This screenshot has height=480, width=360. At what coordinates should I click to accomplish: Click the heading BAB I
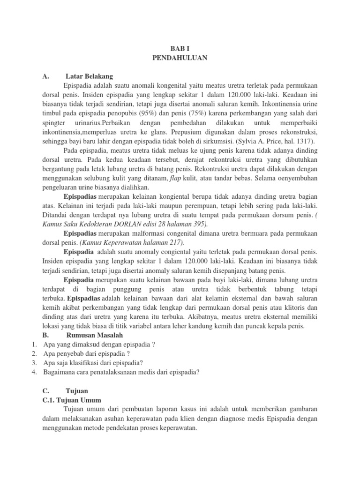click(180, 48)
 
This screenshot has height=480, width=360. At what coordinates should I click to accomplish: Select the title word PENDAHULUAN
click(180, 58)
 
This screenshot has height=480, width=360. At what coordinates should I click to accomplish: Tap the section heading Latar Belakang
click(89, 76)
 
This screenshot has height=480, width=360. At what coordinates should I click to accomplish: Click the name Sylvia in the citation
click(249, 141)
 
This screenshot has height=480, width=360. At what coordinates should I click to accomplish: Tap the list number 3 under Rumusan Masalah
click(34, 362)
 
